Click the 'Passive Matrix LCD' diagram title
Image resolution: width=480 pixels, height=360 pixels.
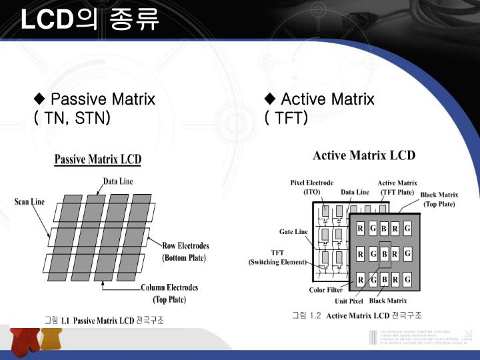click(x=97, y=160)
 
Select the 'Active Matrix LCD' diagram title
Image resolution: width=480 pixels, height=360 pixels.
click(x=364, y=155)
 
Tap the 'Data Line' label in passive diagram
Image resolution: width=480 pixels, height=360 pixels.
click(x=117, y=181)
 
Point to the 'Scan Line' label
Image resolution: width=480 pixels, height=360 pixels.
click(x=29, y=201)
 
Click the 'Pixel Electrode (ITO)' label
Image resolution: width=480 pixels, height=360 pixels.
click(x=312, y=187)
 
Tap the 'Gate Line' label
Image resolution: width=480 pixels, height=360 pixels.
click(x=293, y=231)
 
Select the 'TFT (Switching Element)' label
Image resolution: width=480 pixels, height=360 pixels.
click(x=277, y=257)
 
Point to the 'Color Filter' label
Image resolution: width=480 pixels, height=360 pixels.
click(x=327, y=290)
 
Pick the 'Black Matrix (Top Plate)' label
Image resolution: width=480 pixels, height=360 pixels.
click(x=439, y=199)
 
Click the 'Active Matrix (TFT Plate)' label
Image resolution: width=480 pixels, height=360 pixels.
click(x=397, y=187)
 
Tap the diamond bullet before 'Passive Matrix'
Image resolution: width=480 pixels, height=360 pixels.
click(x=39, y=100)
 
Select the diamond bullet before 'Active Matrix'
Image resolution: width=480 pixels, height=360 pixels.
click(x=270, y=100)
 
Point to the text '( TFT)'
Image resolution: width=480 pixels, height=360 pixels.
click(x=286, y=119)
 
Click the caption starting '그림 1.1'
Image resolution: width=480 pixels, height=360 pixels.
click(x=104, y=320)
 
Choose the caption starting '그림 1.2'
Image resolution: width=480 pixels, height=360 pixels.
click(x=357, y=315)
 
